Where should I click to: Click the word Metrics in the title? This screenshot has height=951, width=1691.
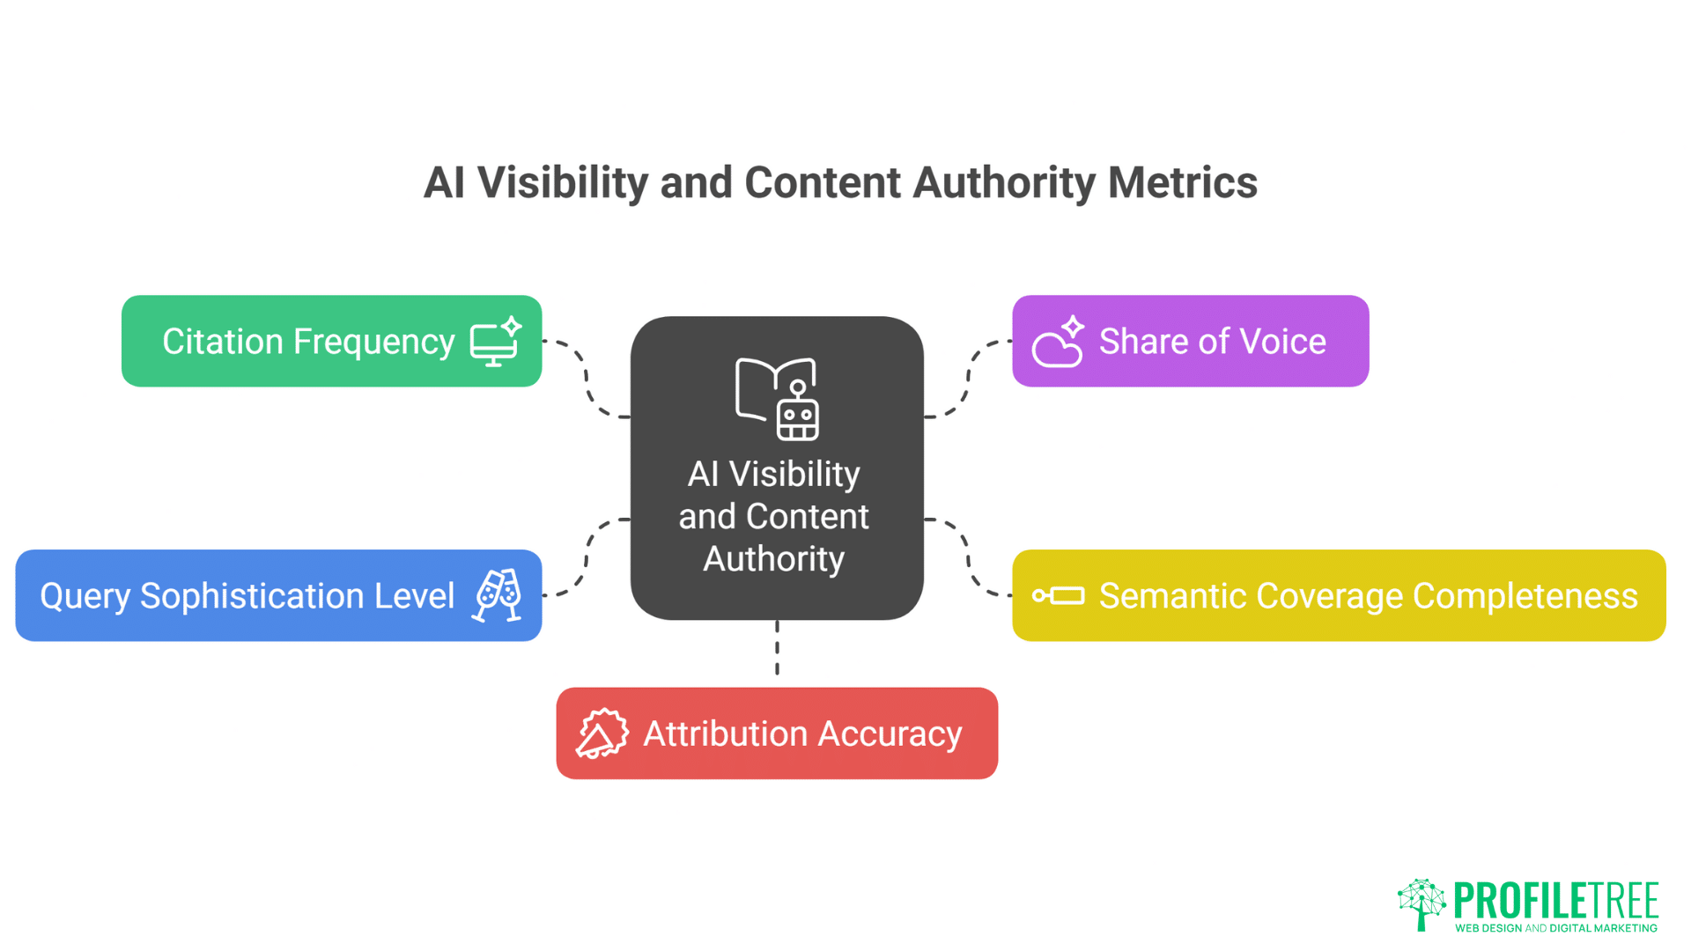pyautogui.click(x=1182, y=182)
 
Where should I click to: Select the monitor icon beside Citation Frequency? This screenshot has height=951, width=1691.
pyautogui.click(x=495, y=342)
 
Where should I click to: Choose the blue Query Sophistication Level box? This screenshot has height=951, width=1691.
pyautogui.click(x=247, y=596)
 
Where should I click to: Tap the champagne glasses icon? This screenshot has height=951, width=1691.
pyautogui.click(x=498, y=596)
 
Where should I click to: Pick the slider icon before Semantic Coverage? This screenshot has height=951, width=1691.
pyautogui.click(x=1058, y=596)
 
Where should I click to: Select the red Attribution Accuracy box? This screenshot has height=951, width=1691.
pyautogui.click(x=801, y=734)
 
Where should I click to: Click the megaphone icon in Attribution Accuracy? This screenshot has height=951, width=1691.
pyautogui.click(x=602, y=734)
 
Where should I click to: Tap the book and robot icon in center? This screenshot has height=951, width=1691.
pyautogui.click(x=777, y=399)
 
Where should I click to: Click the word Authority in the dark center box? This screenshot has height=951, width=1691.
pyautogui.click(x=773, y=559)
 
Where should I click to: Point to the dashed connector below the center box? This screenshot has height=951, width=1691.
pyautogui.click(x=777, y=649)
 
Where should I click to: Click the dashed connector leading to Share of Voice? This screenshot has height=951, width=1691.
pyautogui.click(x=969, y=377)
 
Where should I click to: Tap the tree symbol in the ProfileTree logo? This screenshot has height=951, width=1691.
pyautogui.click(x=1421, y=903)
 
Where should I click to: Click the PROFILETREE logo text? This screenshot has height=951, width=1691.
pyautogui.click(x=1555, y=900)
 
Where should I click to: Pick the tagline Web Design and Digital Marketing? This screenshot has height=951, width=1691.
pyautogui.click(x=1555, y=928)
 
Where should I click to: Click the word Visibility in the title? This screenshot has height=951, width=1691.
pyautogui.click(x=562, y=182)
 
